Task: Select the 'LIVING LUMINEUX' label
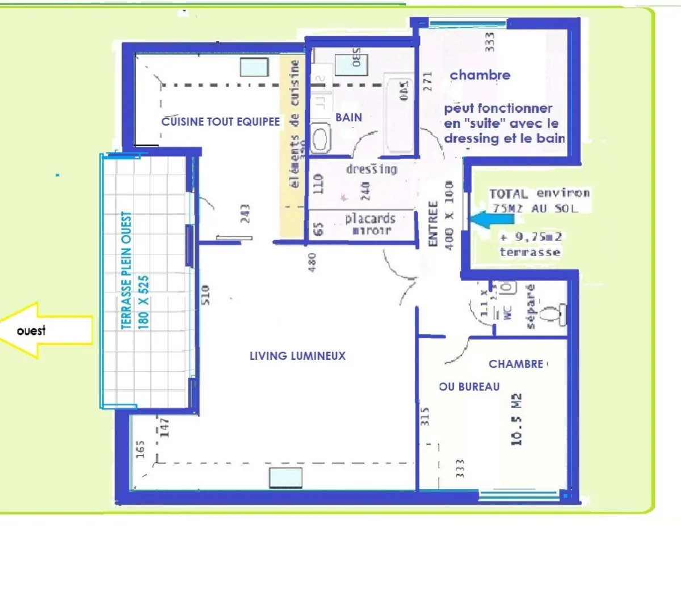pos(297,356)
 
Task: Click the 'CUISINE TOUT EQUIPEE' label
pos(220,121)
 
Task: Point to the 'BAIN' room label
pos(348,117)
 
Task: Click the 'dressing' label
pos(372,169)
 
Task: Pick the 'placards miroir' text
pos(370,224)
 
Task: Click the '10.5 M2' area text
pos(516,419)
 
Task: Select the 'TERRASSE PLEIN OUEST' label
pos(127,270)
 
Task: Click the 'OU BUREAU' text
pos(469,386)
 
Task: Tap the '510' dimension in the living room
pos(205,295)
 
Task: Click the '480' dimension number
pos(312,262)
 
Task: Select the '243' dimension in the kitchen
pos(245,214)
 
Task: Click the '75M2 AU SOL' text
pos(535,208)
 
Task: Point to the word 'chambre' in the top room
pos(480,75)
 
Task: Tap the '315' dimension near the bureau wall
pos(425,416)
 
